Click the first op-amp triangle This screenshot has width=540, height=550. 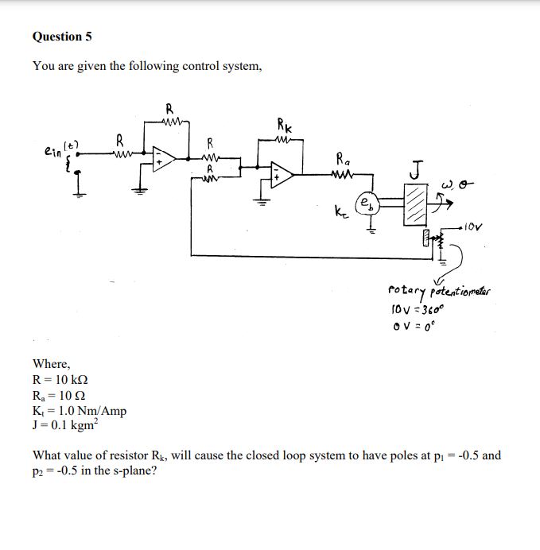(x=163, y=157)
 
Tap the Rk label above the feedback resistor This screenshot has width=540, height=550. (x=285, y=124)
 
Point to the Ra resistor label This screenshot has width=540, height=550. (x=342, y=157)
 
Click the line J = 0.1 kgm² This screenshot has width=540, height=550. (x=69, y=425)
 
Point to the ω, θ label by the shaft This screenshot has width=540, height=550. (x=462, y=187)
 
